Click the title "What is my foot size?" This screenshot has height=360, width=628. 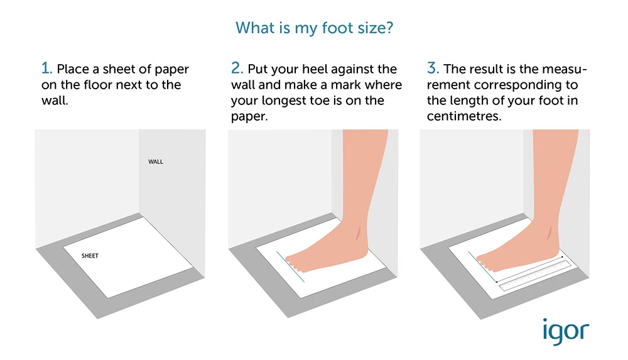point(315,28)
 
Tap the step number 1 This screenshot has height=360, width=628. point(46,68)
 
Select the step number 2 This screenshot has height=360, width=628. point(237,68)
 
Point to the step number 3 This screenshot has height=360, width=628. point(433,68)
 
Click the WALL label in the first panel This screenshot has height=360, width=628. point(156,161)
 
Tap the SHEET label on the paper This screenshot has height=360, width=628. point(90,256)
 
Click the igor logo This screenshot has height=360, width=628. point(566,331)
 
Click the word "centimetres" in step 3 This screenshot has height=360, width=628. point(464,116)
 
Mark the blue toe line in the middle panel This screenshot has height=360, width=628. point(290,266)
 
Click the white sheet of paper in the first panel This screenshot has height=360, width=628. point(128,258)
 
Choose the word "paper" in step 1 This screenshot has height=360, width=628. point(172,70)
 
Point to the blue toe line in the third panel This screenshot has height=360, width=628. point(482,266)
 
